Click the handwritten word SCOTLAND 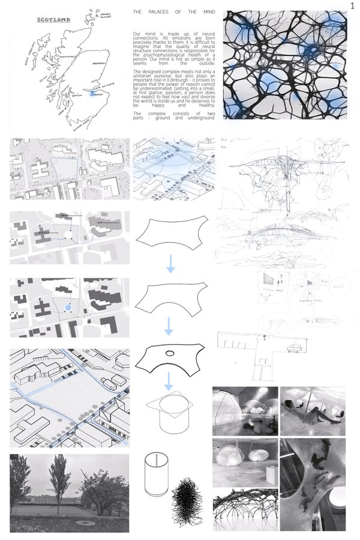(53, 20)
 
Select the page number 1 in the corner (353, 5)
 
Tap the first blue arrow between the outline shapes (170, 264)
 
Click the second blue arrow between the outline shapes (170, 326)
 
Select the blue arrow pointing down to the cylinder (170, 380)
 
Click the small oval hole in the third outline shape (170, 353)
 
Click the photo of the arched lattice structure (245, 511)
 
